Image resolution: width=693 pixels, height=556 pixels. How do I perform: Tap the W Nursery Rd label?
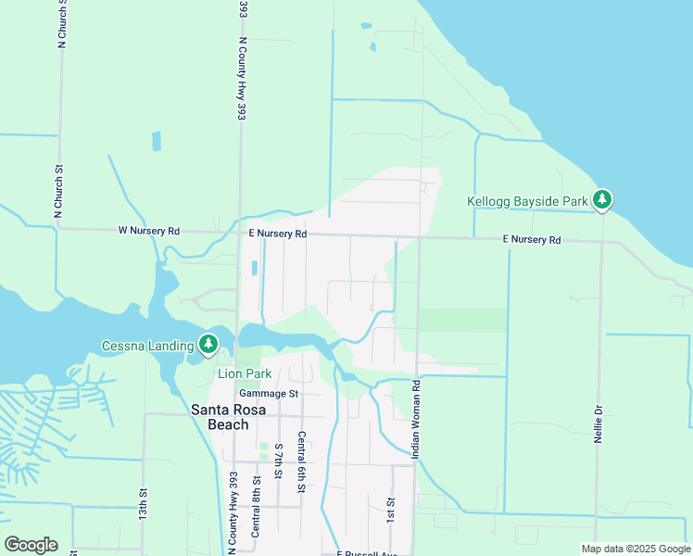tap(148, 231)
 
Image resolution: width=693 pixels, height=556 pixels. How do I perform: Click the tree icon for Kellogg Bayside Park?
tap(602, 199)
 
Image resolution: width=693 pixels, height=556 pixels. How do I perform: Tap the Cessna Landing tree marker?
tap(208, 345)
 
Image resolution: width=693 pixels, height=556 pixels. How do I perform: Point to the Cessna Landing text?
tap(148, 347)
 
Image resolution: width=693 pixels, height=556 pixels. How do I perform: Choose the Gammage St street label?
tap(269, 393)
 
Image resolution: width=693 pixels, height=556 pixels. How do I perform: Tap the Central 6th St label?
tap(302, 463)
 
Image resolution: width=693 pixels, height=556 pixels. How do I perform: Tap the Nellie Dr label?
tap(598, 422)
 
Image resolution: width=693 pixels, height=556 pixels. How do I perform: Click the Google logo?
tap(31, 545)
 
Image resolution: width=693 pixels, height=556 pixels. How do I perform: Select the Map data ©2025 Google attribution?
tap(635, 549)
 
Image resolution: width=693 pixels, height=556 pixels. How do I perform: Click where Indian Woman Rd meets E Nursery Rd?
tap(419, 238)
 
